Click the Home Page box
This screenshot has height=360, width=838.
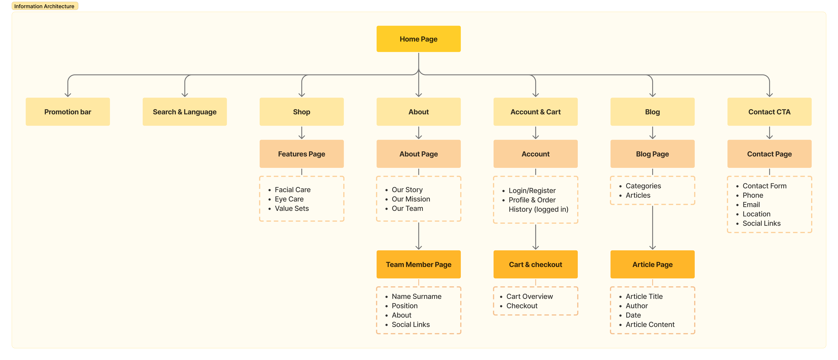click(x=418, y=39)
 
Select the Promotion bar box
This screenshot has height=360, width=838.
click(x=68, y=112)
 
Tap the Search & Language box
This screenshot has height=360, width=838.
click(x=185, y=112)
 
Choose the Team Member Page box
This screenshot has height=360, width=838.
click(x=418, y=264)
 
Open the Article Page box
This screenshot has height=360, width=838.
click(x=652, y=264)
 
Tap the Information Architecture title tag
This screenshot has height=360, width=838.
click(x=45, y=6)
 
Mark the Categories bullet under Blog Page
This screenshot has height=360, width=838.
click(x=643, y=186)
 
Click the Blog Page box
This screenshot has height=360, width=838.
click(x=652, y=154)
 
